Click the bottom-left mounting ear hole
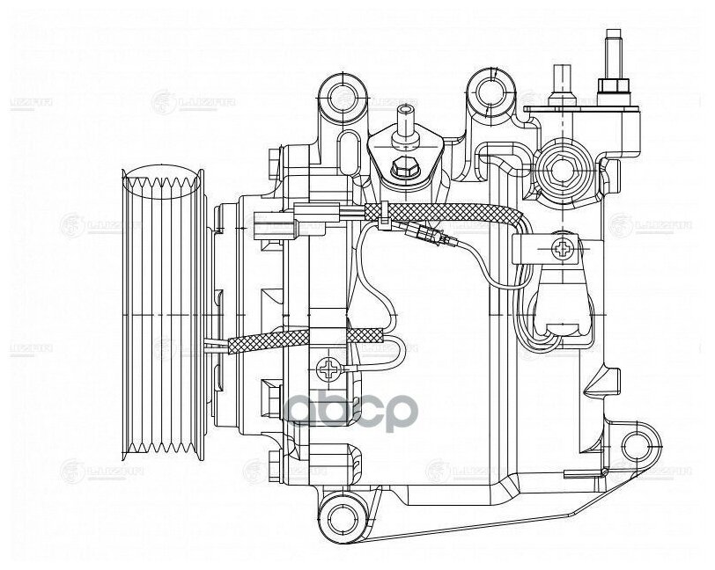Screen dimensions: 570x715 click(x=338, y=511)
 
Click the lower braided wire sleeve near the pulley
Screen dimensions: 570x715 click(x=299, y=340)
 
